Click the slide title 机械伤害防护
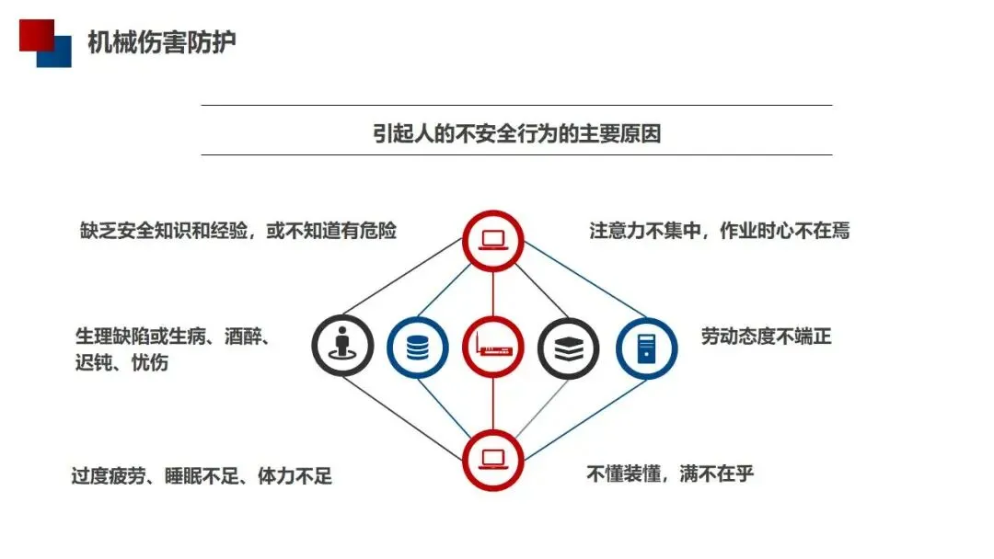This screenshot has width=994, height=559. [161, 42]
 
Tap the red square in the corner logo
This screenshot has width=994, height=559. [34, 33]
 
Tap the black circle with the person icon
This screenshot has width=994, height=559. [342, 348]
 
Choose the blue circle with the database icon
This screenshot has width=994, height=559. [418, 348]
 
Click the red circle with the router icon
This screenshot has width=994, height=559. [492, 348]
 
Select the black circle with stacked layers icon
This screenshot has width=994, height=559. [568, 348]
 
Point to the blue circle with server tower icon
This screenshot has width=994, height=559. [645, 348]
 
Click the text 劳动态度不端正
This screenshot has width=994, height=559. [766, 337]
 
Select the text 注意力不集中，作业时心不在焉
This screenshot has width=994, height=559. [719, 230]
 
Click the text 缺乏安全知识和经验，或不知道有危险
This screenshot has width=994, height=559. [238, 230]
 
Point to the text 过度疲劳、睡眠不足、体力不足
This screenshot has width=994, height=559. [202, 476]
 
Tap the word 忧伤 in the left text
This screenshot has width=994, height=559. [149, 362]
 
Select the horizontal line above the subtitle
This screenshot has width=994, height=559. [516, 105]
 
